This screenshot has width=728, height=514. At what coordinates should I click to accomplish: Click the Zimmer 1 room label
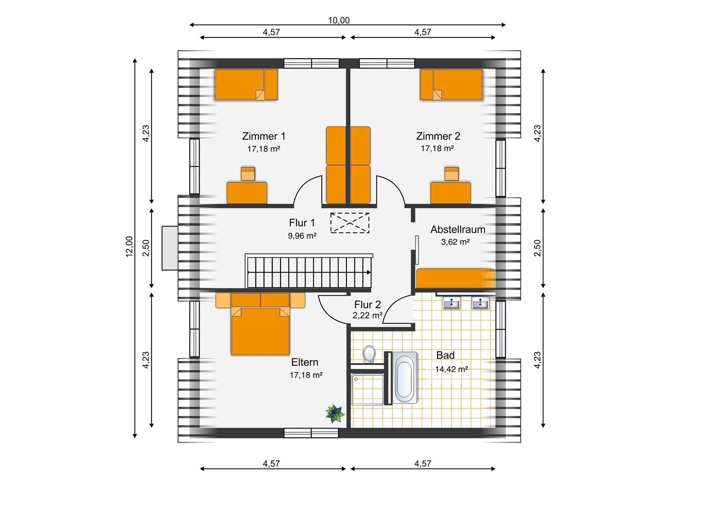click(x=264, y=136)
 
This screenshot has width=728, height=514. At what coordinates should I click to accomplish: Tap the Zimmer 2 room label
click(x=438, y=136)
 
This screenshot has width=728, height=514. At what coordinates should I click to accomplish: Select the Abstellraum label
click(x=458, y=229)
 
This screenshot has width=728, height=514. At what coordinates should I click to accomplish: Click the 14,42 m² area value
click(x=451, y=369)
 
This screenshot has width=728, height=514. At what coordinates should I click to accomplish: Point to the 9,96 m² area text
click(x=302, y=236)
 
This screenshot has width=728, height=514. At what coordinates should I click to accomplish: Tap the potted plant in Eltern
click(x=335, y=413)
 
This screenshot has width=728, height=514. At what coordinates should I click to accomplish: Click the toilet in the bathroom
click(x=369, y=354)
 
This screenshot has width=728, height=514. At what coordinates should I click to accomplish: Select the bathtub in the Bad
click(x=405, y=378)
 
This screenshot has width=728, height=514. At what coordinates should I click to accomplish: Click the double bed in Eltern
click(x=260, y=324)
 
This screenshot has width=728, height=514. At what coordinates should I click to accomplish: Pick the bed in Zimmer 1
click(x=246, y=84)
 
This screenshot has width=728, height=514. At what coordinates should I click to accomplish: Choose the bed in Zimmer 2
click(x=451, y=84)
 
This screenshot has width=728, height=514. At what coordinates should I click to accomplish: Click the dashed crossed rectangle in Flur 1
click(x=350, y=223)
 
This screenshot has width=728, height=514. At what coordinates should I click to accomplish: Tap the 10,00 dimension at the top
click(x=339, y=20)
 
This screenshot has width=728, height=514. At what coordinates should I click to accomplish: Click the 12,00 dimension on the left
click(x=129, y=247)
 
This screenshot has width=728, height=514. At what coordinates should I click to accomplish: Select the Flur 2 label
click(x=367, y=305)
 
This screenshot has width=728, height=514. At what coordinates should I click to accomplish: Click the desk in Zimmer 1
click(x=247, y=193)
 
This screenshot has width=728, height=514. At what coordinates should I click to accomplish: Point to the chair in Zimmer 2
click(x=452, y=174)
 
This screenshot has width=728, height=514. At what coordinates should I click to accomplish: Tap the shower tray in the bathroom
click(x=367, y=389)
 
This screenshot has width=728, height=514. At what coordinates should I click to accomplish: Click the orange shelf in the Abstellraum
click(x=455, y=278)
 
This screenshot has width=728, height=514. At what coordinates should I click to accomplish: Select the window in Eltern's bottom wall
click(x=311, y=433)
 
